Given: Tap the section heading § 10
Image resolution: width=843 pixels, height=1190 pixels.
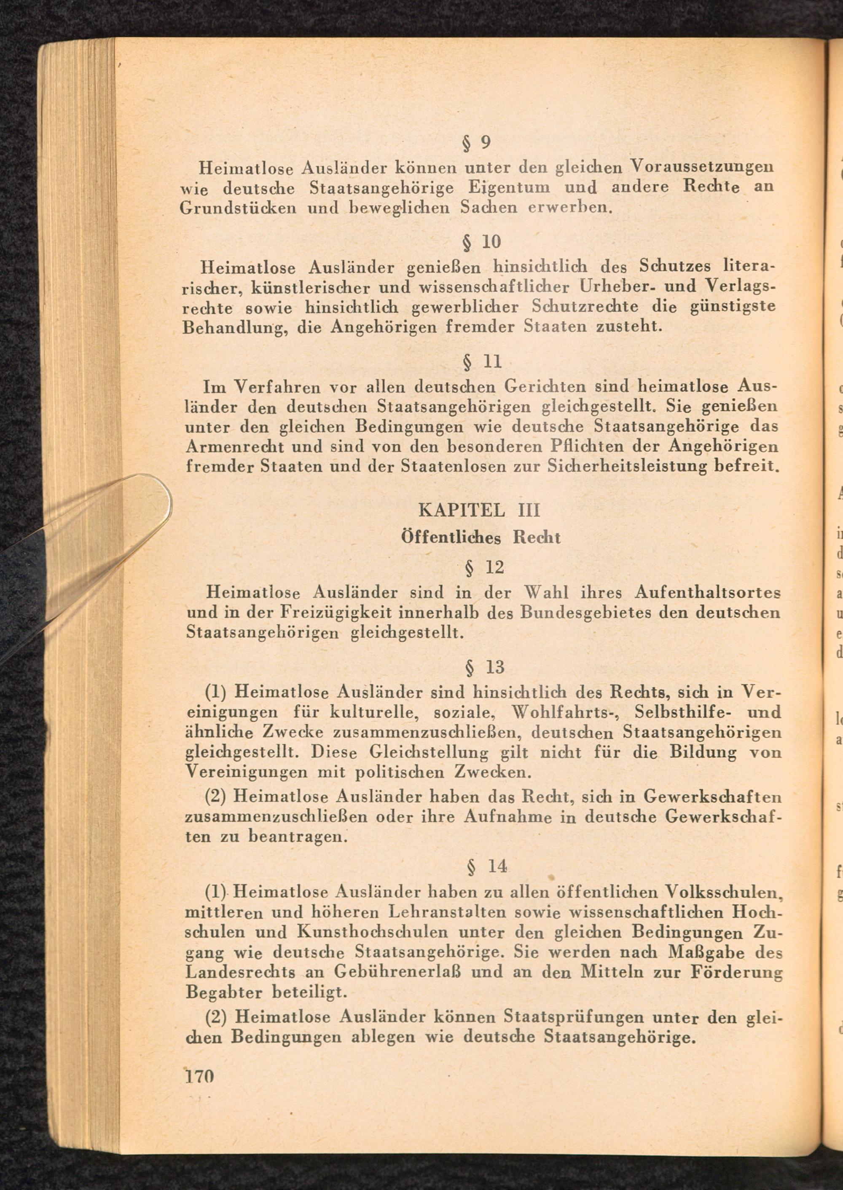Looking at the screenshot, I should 481,242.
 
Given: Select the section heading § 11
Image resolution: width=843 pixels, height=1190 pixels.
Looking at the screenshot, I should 482,361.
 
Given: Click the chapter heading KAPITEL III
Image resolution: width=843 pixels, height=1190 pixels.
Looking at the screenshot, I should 479,511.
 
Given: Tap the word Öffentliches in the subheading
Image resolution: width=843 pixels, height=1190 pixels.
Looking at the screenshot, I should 451,537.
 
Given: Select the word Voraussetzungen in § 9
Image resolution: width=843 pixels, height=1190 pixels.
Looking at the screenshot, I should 702,167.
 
